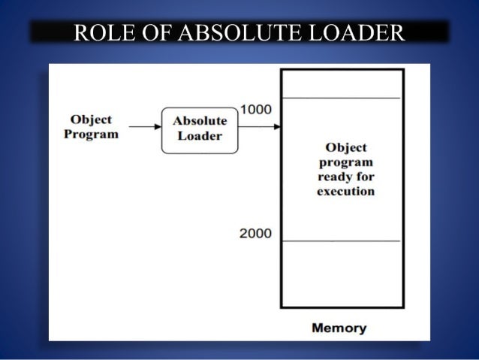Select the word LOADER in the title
(x=354, y=33)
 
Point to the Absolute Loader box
(x=199, y=129)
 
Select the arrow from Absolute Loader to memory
(x=258, y=126)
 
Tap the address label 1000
(x=255, y=110)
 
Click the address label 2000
(x=255, y=233)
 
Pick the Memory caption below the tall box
(x=339, y=328)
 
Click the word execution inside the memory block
(x=345, y=191)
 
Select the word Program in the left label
(x=91, y=134)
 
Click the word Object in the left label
(x=91, y=119)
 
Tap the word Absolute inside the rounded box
(x=200, y=121)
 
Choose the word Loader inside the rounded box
(x=200, y=136)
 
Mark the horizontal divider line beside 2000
(x=341, y=241)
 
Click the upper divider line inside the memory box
(x=341, y=98)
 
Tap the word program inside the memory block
(x=345, y=162)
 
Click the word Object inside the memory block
(x=345, y=148)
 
